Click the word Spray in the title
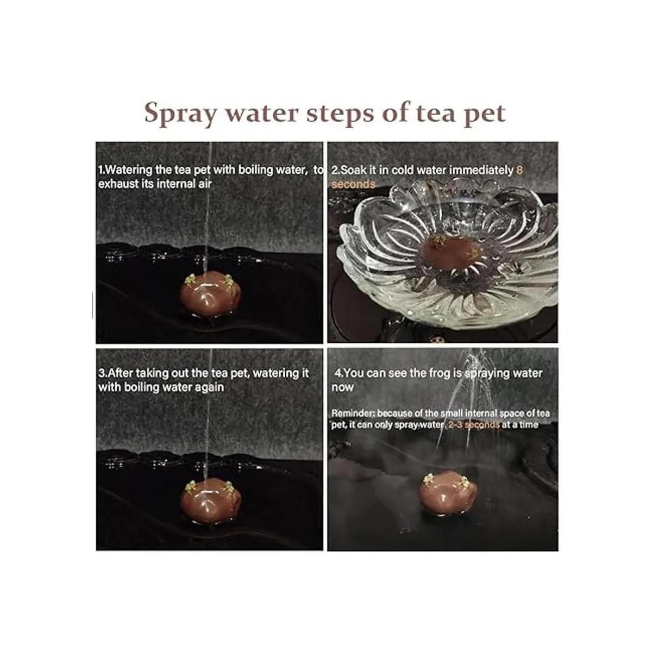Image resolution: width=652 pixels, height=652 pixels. point(180,114)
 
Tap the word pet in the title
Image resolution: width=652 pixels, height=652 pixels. point(484,114)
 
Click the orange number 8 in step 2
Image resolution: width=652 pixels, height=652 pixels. point(520,170)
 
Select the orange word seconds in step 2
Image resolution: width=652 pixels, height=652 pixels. point(353,184)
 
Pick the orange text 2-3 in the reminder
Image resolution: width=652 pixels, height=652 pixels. point(456,424)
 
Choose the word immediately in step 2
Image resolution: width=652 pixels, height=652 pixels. point(481,171)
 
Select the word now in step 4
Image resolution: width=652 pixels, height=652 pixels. point(342,387)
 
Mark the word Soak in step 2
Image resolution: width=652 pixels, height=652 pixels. point(353,170)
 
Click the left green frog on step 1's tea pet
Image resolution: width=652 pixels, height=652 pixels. point(191,280)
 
